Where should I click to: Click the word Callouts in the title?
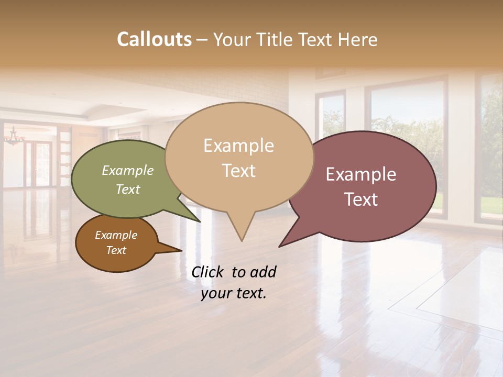coord(154,39)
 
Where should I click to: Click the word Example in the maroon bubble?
coord(361,174)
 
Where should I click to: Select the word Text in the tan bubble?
coord(239,171)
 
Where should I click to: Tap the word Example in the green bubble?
coord(128,170)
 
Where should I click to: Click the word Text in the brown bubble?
coord(116,250)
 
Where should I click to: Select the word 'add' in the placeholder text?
coord(263,272)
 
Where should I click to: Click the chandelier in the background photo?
coord(14,137)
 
